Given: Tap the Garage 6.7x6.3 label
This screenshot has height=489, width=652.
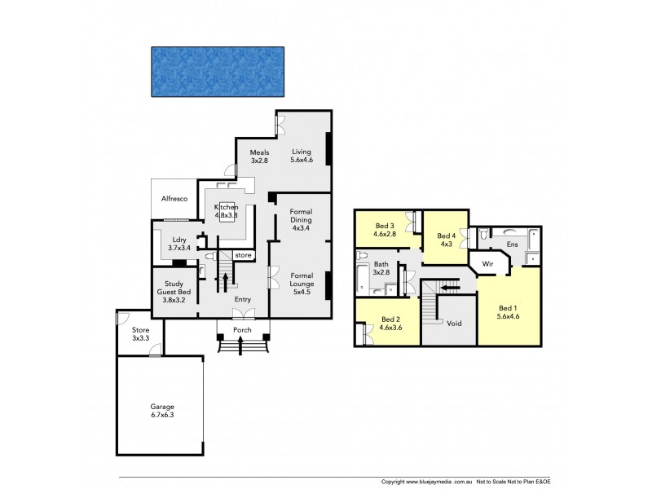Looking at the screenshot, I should click(x=162, y=411).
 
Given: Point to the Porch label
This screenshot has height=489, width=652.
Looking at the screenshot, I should click(x=242, y=330).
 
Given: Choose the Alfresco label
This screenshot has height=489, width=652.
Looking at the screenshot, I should click(x=175, y=198).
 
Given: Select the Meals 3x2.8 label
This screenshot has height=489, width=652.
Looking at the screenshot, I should click(x=259, y=156).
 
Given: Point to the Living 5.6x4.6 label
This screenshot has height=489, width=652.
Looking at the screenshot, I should click(x=302, y=156).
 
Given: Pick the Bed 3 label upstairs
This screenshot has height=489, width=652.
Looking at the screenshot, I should click(x=385, y=230).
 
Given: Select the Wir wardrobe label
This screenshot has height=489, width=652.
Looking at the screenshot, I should click(x=489, y=265).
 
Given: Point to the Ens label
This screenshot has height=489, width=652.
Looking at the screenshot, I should click(x=513, y=244).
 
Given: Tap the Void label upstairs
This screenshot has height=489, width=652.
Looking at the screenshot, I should click(x=455, y=324).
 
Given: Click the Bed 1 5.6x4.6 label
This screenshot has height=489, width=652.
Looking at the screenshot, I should click(x=508, y=312).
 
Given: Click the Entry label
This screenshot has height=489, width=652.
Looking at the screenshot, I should click(x=242, y=300).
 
